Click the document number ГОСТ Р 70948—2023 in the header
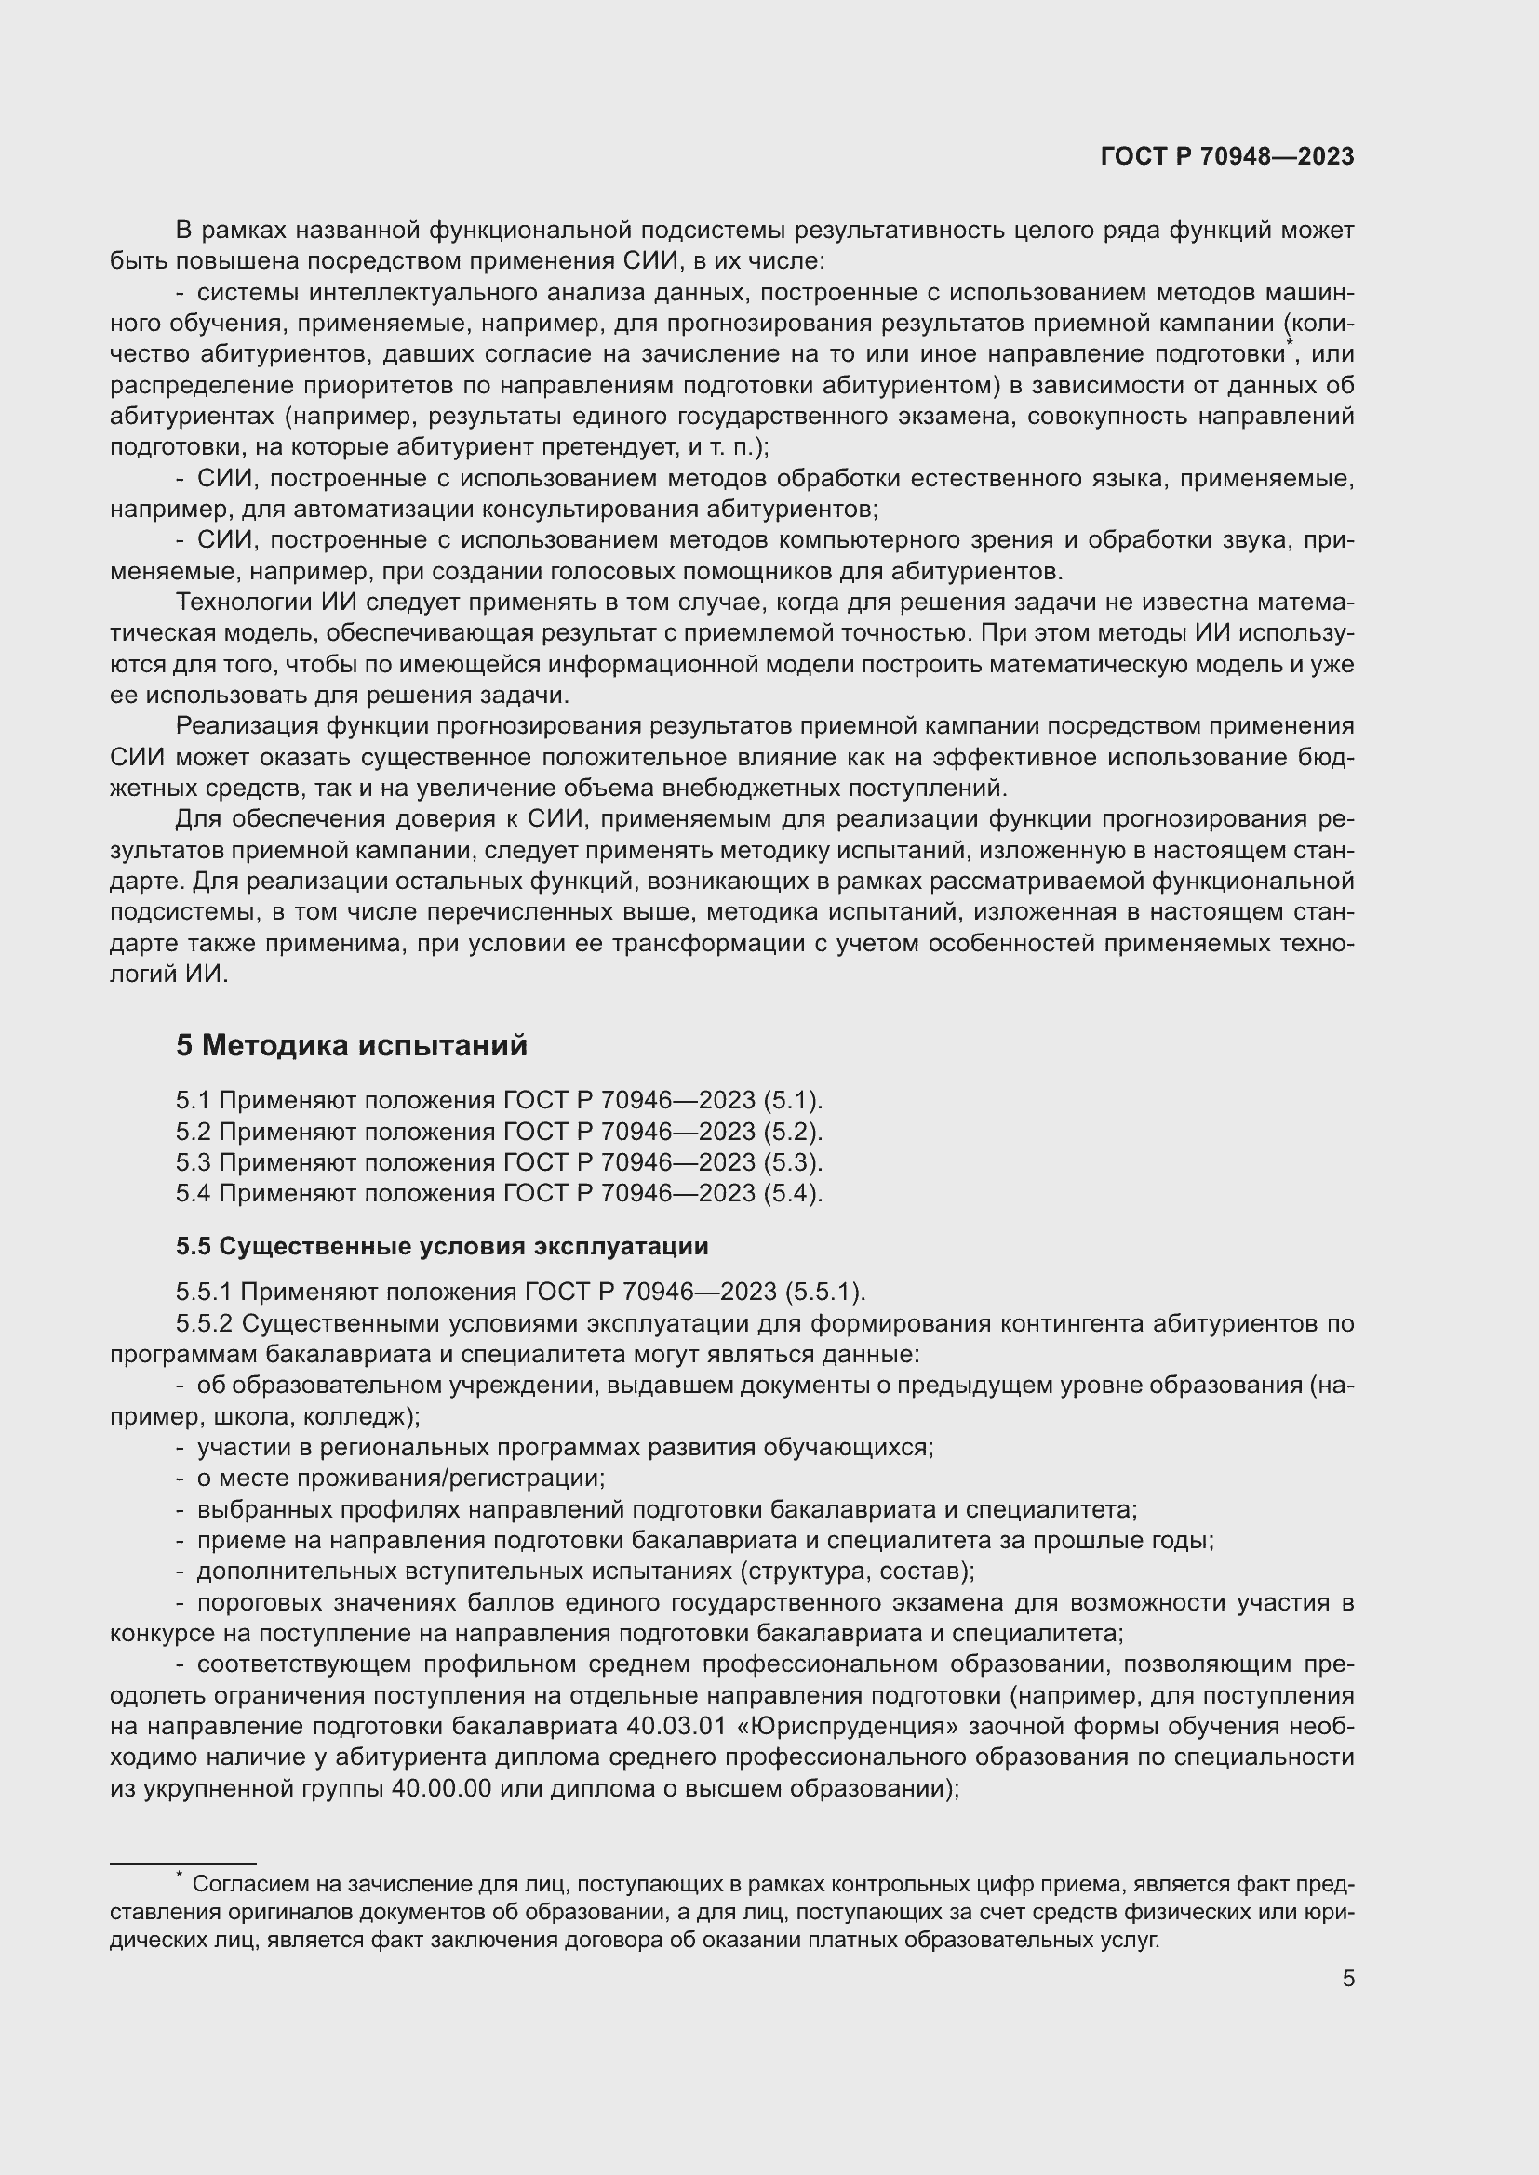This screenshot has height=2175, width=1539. [1227, 156]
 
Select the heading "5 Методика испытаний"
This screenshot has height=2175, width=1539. [351, 1046]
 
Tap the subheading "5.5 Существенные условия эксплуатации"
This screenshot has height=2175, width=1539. [442, 1246]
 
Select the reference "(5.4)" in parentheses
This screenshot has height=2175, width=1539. [792, 1194]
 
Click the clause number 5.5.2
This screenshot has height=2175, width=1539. [206, 1323]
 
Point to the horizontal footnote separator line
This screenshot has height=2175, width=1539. [183, 1864]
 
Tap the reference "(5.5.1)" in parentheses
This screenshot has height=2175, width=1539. [824, 1293]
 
